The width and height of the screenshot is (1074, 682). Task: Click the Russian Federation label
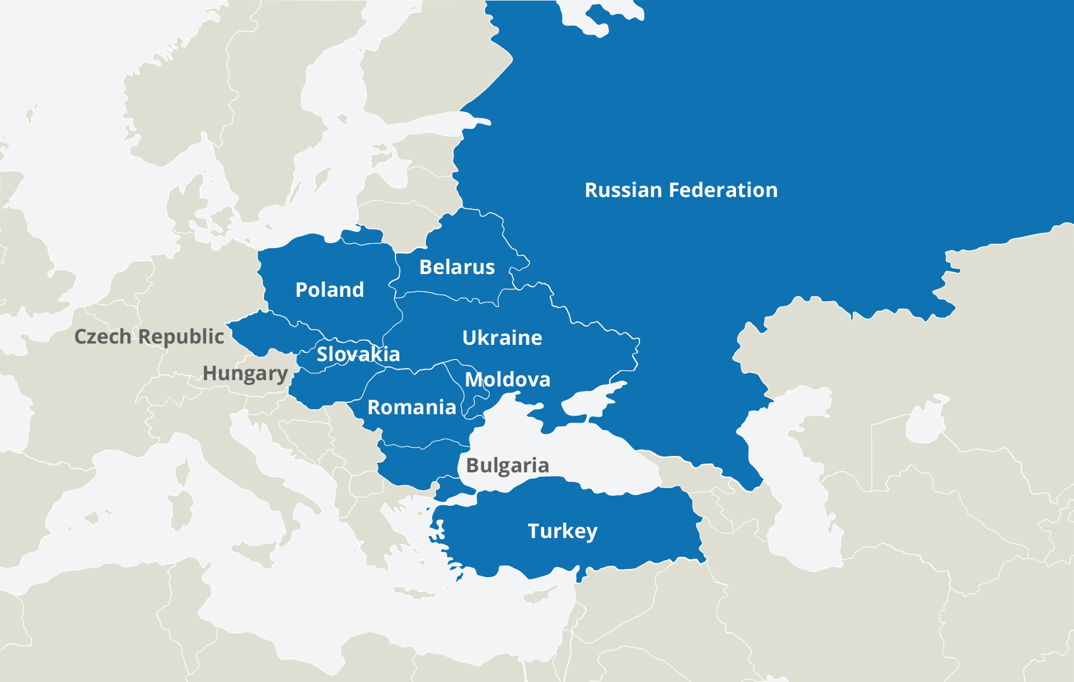pyautogui.click(x=681, y=190)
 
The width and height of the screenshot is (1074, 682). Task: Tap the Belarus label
pyautogui.click(x=457, y=267)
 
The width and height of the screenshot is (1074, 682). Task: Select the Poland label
pyautogui.click(x=330, y=290)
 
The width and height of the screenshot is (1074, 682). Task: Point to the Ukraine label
pyautogui.click(x=502, y=338)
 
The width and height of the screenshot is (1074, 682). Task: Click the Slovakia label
pyautogui.click(x=358, y=354)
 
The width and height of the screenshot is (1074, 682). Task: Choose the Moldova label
pyautogui.click(x=507, y=380)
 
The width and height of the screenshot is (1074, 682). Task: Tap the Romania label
pyautogui.click(x=412, y=407)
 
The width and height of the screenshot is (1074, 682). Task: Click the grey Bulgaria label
pyautogui.click(x=507, y=465)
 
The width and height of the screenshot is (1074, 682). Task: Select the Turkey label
pyautogui.click(x=562, y=531)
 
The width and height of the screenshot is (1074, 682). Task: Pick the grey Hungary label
pyautogui.click(x=245, y=373)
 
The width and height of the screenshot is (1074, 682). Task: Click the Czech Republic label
pyautogui.click(x=149, y=337)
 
